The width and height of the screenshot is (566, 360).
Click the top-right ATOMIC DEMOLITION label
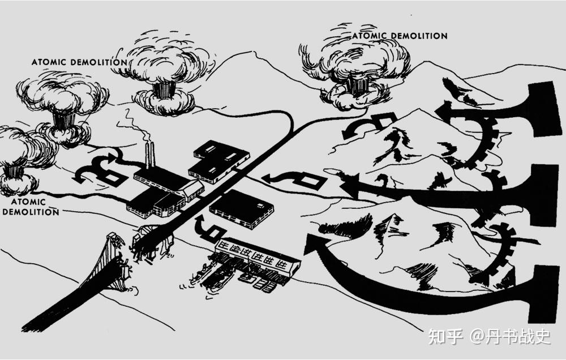coord(400,36)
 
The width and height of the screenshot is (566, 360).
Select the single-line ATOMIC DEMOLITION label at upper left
coord(79,62)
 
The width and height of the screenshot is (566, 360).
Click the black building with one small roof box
coord(241,207)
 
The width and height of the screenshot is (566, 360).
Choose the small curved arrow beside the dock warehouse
coord(207,226)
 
